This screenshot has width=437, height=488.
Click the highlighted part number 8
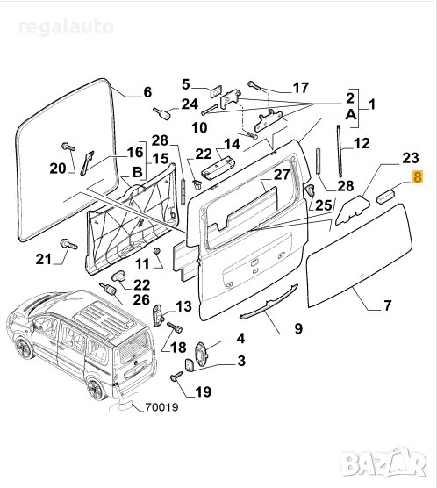[418, 176]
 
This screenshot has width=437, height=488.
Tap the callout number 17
[300, 88]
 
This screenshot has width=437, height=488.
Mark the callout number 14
[233, 145]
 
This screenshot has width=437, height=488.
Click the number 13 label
[183, 305]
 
